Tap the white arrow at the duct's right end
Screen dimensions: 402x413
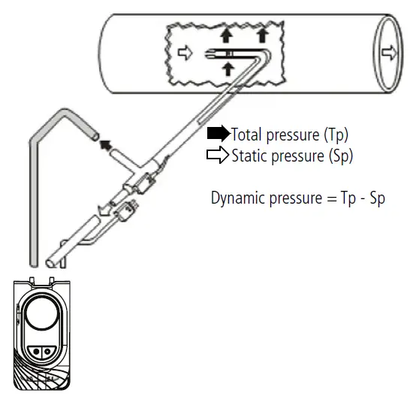click(x=387, y=53)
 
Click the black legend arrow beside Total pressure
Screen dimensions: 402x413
click(x=219, y=135)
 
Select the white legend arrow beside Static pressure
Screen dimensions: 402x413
click(x=219, y=156)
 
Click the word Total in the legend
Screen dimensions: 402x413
click(x=246, y=135)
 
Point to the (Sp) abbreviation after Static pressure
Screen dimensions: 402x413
click(x=338, y=157)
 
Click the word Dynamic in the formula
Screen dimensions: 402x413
click(x=237, y=199)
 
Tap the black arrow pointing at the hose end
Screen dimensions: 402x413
click(x=107, y=143)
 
